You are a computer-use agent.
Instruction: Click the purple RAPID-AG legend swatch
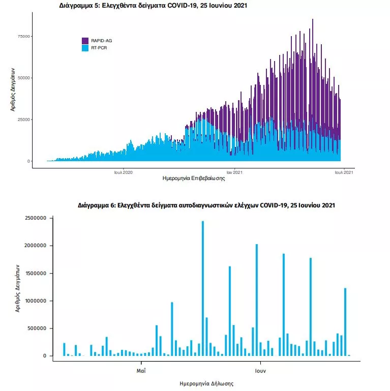[x=85, y=41]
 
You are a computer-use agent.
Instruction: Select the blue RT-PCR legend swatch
[x=85, y=48]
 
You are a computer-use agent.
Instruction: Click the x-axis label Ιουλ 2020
[x=124, y=172]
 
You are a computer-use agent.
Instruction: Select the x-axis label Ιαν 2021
[x=234, y=172]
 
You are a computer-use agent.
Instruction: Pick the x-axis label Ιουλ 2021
[x=344, y=172]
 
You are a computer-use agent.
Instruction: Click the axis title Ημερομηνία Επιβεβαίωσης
[x=194, y=179]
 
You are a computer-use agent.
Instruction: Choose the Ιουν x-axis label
[x=260, y=371]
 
